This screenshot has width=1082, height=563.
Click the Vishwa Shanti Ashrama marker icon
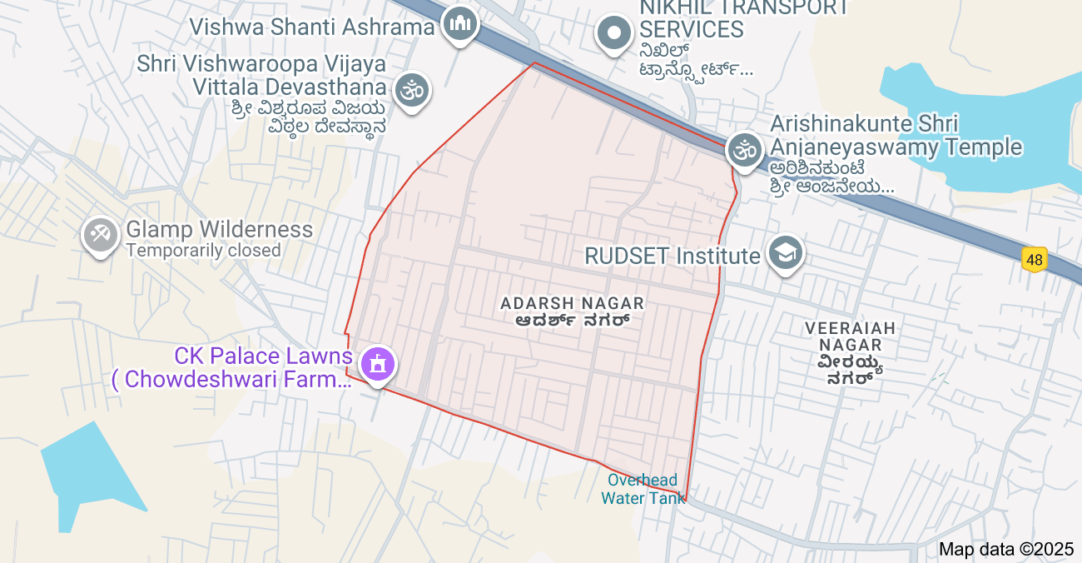point(459,25)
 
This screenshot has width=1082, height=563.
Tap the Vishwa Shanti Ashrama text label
point(312,27)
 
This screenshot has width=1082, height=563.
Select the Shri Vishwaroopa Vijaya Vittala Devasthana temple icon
point(412,88)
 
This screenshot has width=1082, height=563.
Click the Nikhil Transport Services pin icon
point(615,34)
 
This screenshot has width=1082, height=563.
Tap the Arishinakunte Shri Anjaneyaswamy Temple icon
point(745,151)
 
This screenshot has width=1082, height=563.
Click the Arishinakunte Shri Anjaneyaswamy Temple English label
point(896,136)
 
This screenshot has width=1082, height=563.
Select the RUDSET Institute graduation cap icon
point(785,252)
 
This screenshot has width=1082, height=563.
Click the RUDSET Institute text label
point(673,256)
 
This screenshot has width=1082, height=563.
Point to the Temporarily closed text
point(203,250)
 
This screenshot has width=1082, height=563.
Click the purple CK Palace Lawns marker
point(378,364)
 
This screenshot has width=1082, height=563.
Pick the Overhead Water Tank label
point(643,490)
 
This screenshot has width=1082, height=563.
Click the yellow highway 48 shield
point(1034,260)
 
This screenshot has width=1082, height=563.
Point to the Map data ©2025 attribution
point(1006,549)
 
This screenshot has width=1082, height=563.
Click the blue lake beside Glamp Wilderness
point(91,466)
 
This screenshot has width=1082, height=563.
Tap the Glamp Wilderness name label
point(219,230)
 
